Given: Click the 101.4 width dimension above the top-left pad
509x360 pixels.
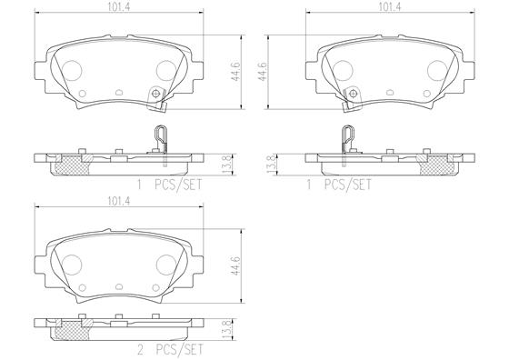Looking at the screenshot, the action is point(119,7).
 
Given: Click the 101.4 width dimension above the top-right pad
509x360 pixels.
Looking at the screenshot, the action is point(390,7).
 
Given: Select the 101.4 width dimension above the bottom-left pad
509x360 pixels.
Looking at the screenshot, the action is point(119,201).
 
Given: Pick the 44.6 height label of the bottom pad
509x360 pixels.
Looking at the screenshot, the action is point(235,265).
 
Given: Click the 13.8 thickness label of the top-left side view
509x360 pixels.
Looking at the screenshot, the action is point(227,164).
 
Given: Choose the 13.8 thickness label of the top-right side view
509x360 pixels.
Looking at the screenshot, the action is point(271,164).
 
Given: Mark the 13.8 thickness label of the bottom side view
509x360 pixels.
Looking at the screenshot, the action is point(227,329).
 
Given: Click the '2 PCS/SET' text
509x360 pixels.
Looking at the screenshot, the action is point(171,350).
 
